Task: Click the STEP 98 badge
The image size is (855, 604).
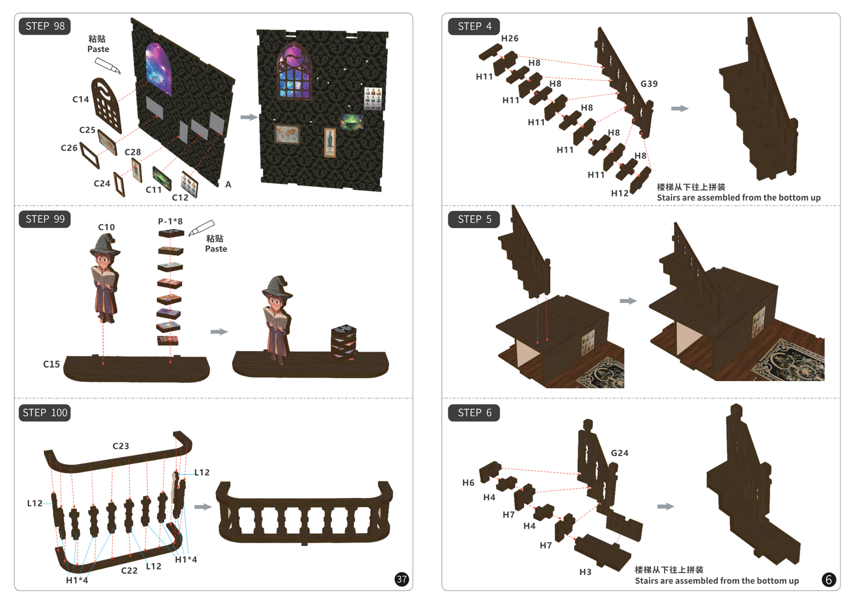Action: point(44,27)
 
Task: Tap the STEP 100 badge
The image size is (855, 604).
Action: point(44,413)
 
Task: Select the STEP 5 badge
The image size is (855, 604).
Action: point(474,219)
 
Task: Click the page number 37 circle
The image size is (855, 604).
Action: point(402,580)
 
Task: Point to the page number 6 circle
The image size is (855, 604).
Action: point(828,580)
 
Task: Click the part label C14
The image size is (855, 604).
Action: point(80,99)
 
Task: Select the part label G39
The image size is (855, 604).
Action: point(649,83)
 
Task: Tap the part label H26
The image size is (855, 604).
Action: point(509,38)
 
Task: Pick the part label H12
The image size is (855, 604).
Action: point(620,193)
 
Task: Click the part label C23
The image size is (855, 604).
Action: point(121,446)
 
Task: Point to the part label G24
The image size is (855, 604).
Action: point(620,453)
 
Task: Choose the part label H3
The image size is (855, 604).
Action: point(585,572)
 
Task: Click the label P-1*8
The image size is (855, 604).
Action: point(170,221)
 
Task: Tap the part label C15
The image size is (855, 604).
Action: point(51,364)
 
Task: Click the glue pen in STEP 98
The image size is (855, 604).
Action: point(107,66)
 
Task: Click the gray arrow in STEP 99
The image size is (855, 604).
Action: point(219,332)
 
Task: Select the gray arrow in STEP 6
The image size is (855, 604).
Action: point(666,506)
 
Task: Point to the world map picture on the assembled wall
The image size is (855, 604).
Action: point(287,134)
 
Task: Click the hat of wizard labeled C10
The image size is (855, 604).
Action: point(105,245)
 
